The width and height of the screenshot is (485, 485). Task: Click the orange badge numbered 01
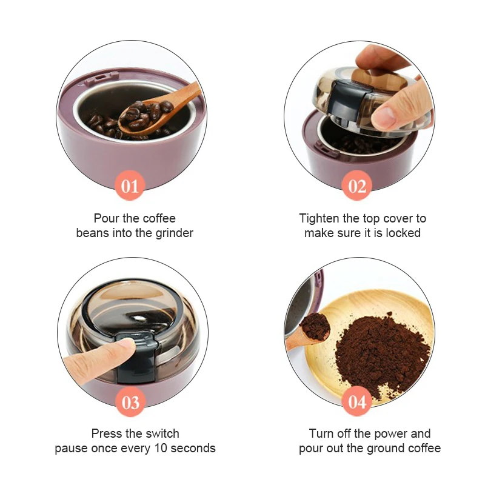point(130,186)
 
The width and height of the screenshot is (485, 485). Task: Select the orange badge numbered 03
point(130,402)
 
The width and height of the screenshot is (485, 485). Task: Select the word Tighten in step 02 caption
point(319,218)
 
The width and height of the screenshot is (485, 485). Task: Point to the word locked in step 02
point(403,233)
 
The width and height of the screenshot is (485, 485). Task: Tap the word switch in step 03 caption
point(161,434)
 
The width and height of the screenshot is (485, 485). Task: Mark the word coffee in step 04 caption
point(423,449)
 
